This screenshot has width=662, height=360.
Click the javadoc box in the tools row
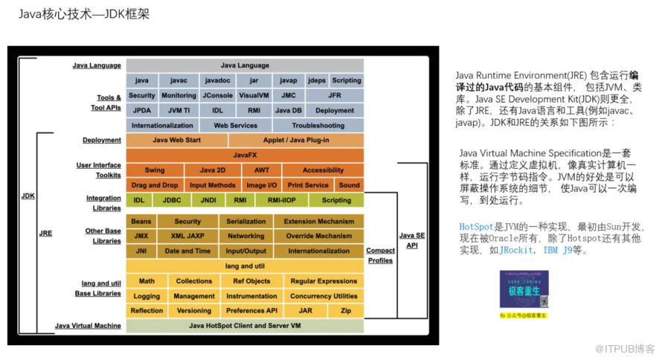[x=217, y=80]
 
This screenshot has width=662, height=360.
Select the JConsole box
[x=217, y=95]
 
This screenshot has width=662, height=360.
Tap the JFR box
[x=335, y=95]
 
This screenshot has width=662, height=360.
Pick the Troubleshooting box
[x=318, y=126]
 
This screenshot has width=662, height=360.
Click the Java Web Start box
[x=176, y=140]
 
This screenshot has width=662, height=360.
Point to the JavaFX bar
[x=245, y=155]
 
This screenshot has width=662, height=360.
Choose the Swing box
[x=155, y=170]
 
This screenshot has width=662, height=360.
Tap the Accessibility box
[x=323, y=170]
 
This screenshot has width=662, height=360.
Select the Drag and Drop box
[x=155, y=185]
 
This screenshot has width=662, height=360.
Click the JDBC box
[x=172, y=200]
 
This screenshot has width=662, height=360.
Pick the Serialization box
[x=245, y=221]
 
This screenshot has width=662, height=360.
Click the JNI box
[x=141, y=251]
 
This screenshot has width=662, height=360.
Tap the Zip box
[x=346, y=310]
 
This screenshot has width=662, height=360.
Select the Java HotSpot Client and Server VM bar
[x=245, y=326]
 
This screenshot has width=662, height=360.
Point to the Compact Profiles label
[x=380, y=255]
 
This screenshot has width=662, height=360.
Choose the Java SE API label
[x=411, y=240]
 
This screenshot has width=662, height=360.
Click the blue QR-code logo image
[x=524, y=289]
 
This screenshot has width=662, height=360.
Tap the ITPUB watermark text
[x=626, y=349]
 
